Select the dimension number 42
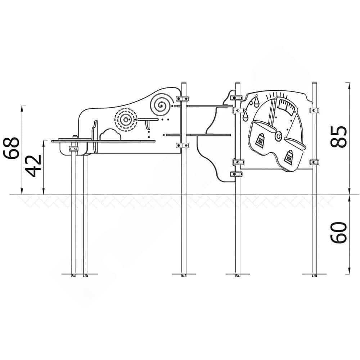(33, 166)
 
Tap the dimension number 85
(338, 137)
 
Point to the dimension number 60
(338, 232)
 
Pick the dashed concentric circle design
(126, 120)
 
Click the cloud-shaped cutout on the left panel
(110, 135)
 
